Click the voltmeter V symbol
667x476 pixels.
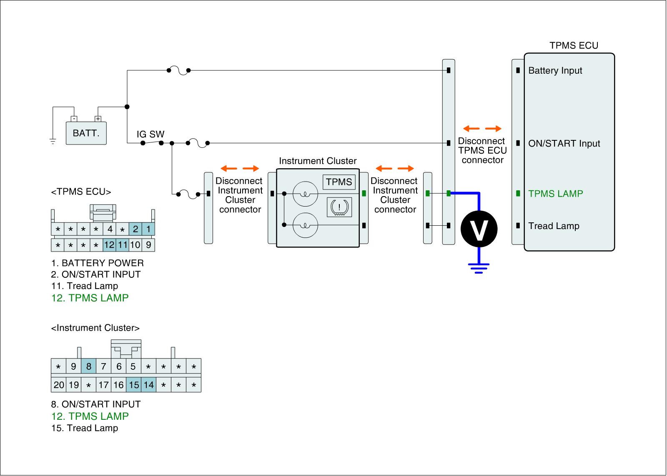(479, 229)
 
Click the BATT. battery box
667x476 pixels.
(86, 133)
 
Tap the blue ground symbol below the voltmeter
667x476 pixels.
(479, 267)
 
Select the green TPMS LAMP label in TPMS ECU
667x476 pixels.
(555, 194)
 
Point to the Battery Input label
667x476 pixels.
(555, 71)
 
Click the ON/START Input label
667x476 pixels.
(564, 144)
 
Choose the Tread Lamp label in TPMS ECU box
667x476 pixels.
(554, 226)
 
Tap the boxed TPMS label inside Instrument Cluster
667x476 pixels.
(339, 182)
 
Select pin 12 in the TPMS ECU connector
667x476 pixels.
(109, 245)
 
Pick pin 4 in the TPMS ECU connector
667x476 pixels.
(110, 229)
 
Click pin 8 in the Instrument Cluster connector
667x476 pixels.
(89, 367)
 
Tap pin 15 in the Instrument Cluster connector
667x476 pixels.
(134, 385)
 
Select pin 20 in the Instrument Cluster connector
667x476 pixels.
(59, 385)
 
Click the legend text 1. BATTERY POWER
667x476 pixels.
(97, 263)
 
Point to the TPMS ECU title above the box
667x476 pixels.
(574, 46)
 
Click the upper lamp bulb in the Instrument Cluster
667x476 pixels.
(305, 194)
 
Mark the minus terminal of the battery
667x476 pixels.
(74, 119)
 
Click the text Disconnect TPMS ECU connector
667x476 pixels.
(482, 150)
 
